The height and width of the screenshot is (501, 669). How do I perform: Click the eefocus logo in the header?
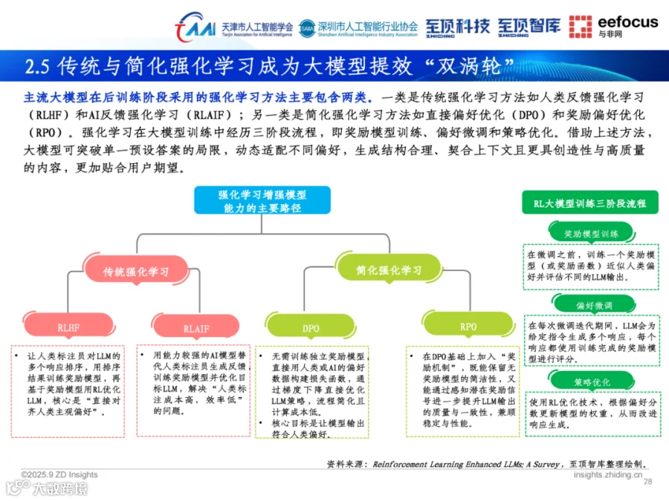click(613, 26)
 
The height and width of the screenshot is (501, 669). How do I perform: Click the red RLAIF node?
click(196, 327)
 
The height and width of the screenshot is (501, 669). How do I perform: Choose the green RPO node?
click(468, 326)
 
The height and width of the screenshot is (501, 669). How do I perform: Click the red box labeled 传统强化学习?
click(135, 272)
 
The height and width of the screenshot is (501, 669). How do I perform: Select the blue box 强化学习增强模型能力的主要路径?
click(262, 201)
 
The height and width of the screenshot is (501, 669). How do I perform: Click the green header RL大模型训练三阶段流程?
click(590, 203)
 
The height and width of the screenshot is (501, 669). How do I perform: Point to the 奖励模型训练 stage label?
click(591, 232)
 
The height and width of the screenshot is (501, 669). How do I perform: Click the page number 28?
click(647, 482)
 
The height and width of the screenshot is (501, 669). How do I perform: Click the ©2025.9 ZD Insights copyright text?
click(59, 475)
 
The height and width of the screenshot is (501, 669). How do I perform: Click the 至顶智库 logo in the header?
click(529, 27)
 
